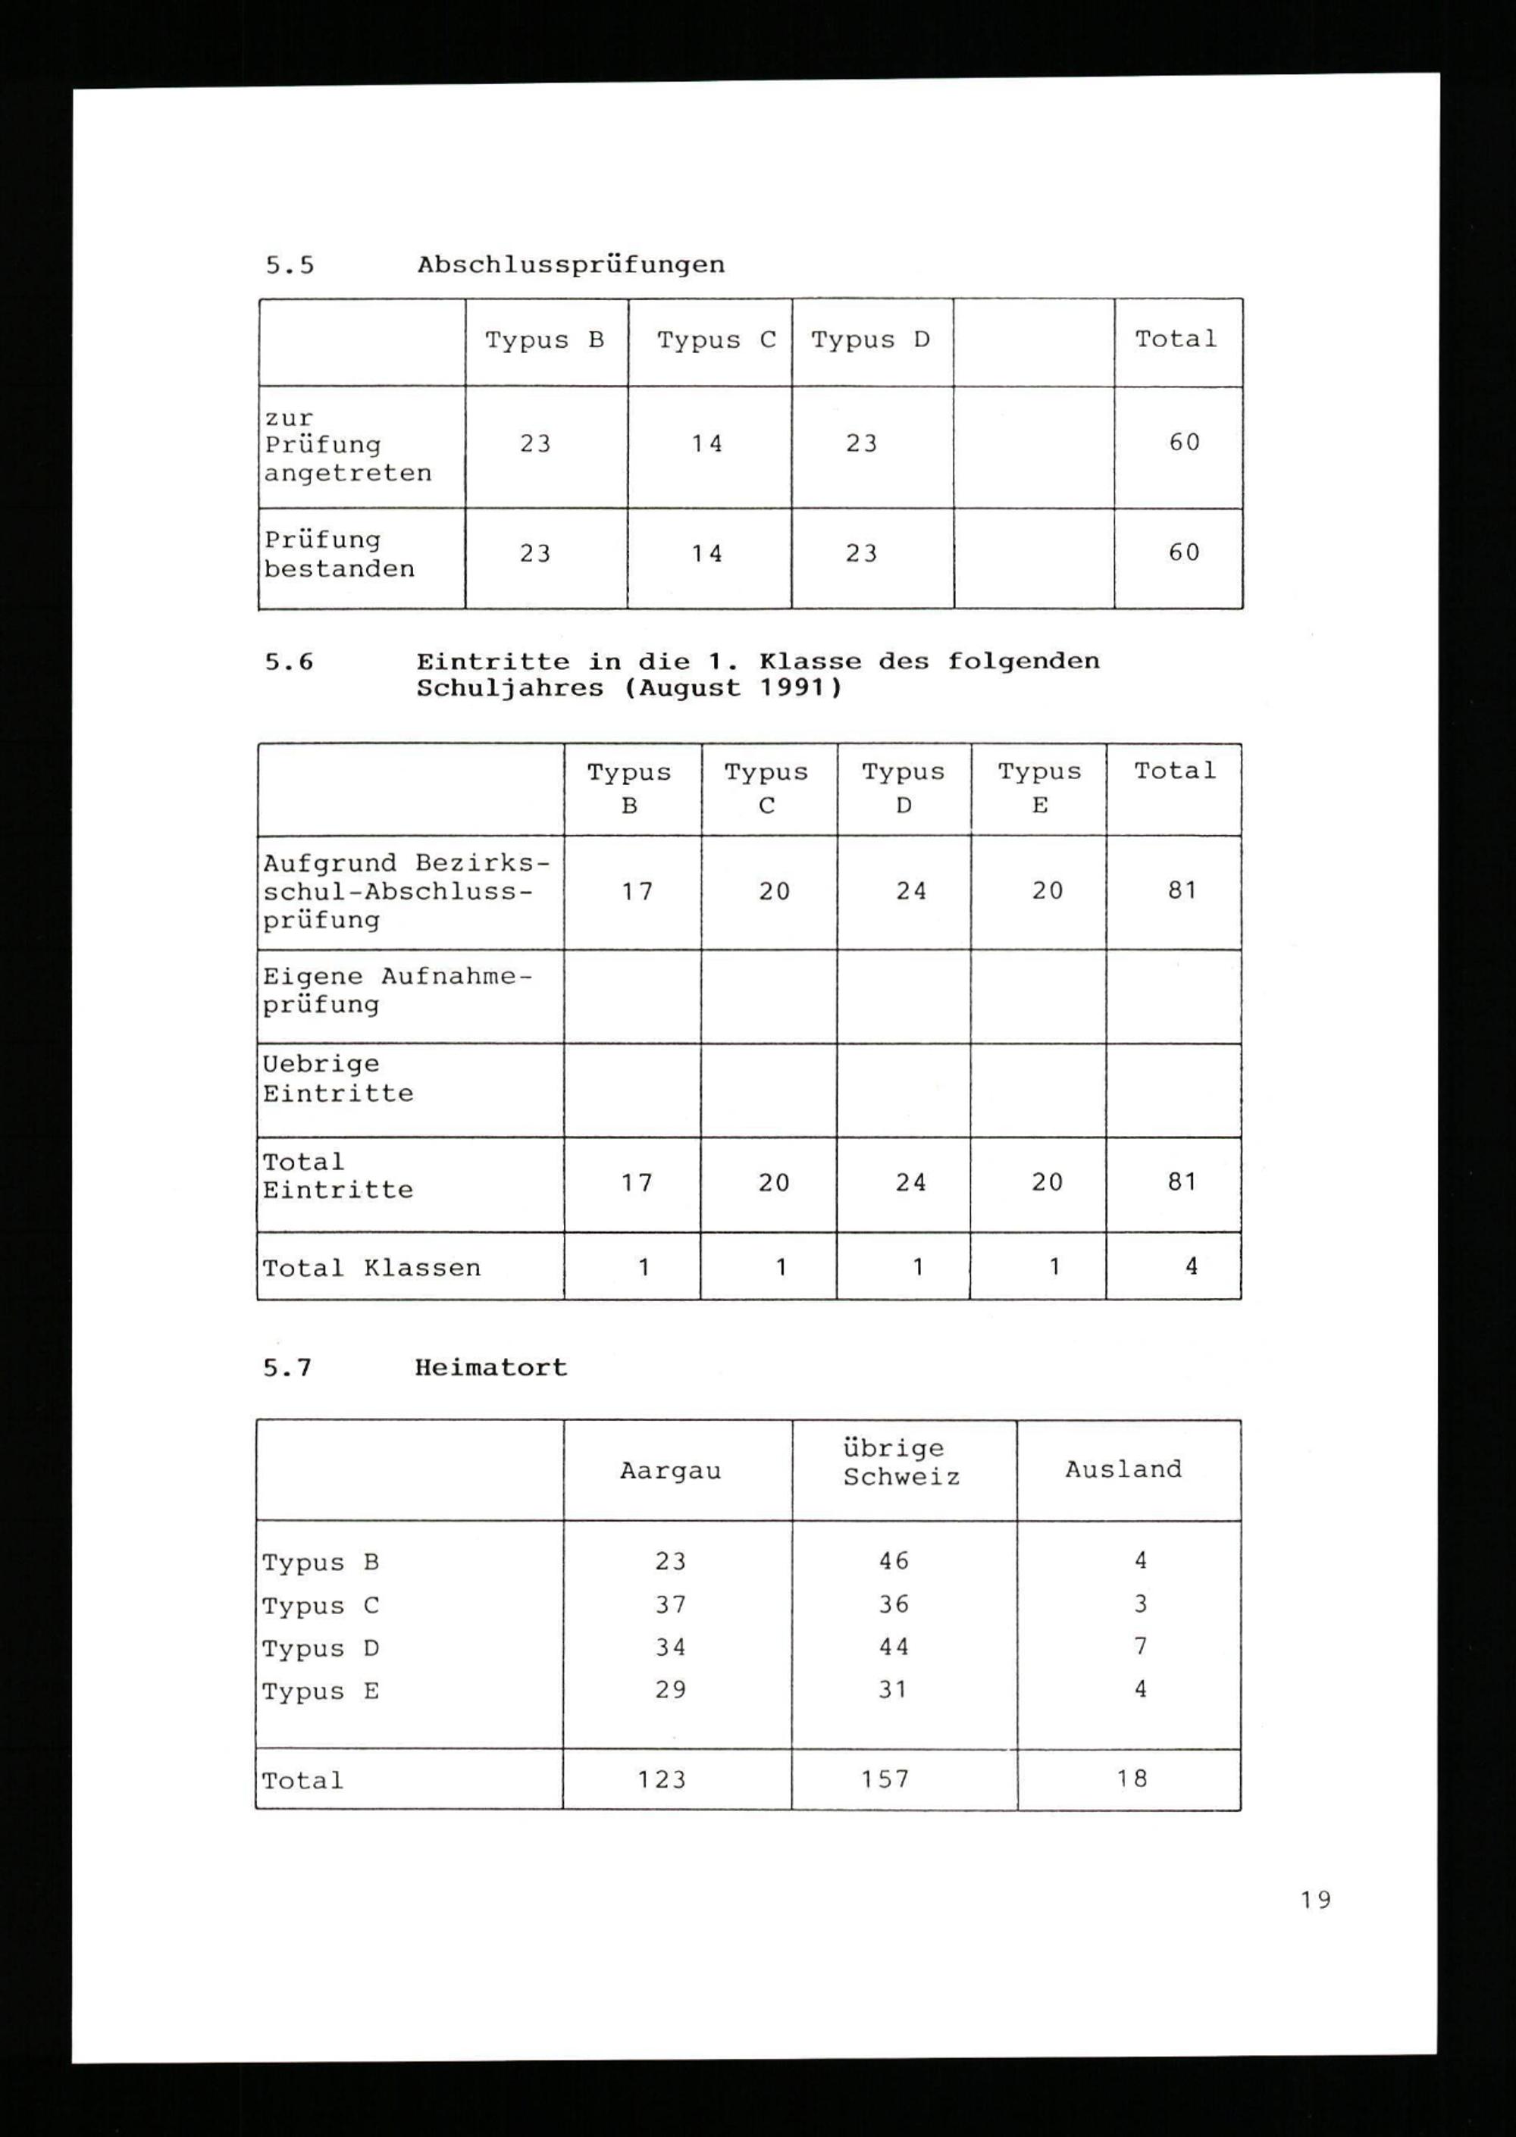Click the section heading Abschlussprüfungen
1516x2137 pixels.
[x=570, y=265]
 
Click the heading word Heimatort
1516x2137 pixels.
[x=491, y=1368]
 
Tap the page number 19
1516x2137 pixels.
[x=1316, y=1899]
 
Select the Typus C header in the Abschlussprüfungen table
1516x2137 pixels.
[x=716, y=340]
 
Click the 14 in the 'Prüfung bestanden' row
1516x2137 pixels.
[x=707, y=553]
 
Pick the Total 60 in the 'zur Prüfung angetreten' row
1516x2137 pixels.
[x=1184, y=443]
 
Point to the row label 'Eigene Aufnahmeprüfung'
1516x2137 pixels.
[x=396, y=990]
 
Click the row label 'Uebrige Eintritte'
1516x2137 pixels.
[x=338, y=1079]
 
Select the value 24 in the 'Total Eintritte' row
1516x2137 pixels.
[x=910, y=1182]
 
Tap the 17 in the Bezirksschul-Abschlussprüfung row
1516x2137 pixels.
[x=637, y=891]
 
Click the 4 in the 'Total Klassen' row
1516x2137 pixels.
[x=1191, y=1266]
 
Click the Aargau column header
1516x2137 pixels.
[x=670, y=1472]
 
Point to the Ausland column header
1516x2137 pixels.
[x=1123, y=1470]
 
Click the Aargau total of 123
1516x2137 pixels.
[x=662, y=1779]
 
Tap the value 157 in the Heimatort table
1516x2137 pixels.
[x=885, y=1779]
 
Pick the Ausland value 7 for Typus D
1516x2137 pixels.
[x=1140, y=1647]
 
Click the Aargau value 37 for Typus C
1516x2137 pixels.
[x=670, y=1604]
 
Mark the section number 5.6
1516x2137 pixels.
[x=289, y=662]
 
